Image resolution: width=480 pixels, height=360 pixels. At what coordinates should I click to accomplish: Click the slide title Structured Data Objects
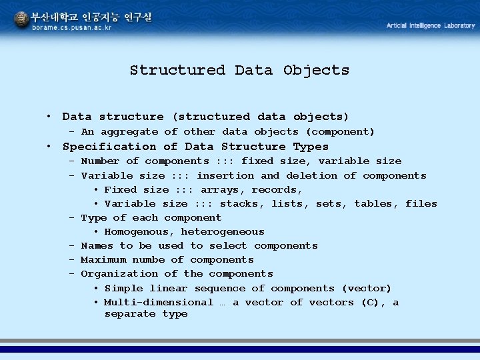[239, 70]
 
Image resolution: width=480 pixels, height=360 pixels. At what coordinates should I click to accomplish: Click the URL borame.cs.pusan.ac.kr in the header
[72, 28]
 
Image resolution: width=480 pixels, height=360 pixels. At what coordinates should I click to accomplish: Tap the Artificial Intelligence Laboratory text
[431, 25]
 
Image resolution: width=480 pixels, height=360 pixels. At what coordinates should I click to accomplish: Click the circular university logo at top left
[21, 21]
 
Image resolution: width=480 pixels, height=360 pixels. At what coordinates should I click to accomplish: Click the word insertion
[225, 176]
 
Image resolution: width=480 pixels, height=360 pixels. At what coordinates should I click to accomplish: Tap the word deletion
[311, 176]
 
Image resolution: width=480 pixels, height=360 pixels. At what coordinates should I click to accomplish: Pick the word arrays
[223, 190]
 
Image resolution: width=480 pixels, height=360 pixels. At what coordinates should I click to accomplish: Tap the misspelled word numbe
[148, 260]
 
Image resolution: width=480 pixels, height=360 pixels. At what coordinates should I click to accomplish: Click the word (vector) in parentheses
[367, 289]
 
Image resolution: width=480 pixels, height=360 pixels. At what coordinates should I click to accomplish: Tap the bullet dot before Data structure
[49, 117]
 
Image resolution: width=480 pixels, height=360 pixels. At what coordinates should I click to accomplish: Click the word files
[421, 204]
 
